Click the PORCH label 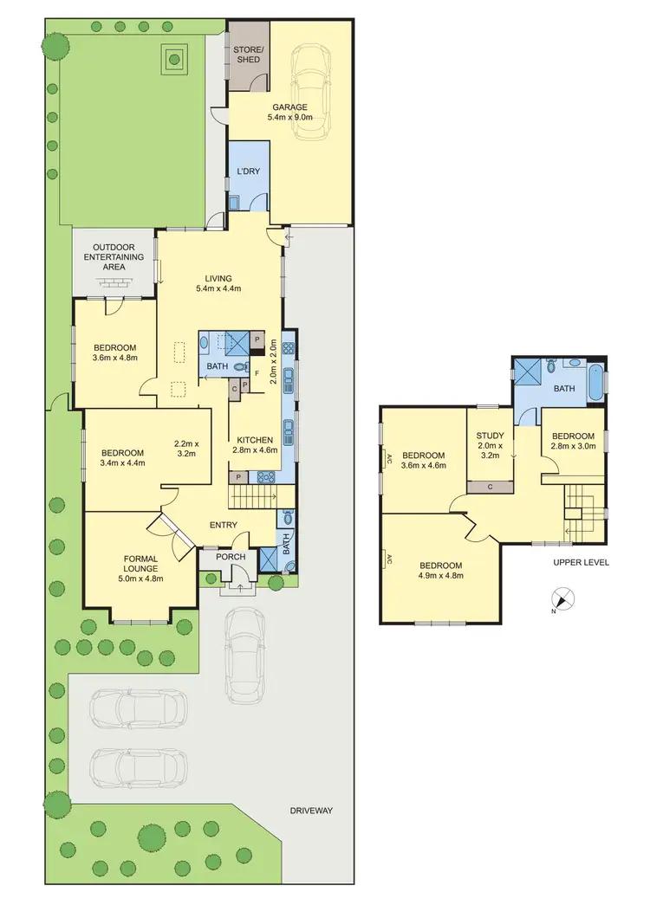[231, 557]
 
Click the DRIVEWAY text [312, 811]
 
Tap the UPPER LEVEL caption [581, 562]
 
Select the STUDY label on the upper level [490, 436]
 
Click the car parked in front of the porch [244, 654]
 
